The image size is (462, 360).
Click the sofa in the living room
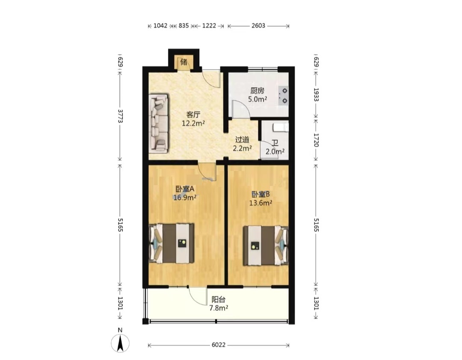tap(159, 123)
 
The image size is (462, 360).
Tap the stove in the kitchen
tap(284, 96)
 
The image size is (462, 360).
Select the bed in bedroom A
tap(172, 243)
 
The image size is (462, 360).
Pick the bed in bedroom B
tap(266, 245)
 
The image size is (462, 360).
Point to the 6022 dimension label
tap(218, 345)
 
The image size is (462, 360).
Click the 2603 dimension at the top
tap(258, 26)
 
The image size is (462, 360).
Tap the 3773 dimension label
tap(120, 116)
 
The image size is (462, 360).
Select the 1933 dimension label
tap(316, 94)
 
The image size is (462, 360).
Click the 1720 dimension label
tap(316, 140)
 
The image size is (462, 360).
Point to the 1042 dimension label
tap(160, 26)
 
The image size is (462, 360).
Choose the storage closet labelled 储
tap(184, 62)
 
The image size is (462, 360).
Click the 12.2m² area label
tap(193, 123)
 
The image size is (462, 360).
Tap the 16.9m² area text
tap(185, 198)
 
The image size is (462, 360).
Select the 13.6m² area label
tap(261, 203)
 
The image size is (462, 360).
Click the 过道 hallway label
tap(242, 140)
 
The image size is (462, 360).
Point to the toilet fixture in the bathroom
tap(280, 127)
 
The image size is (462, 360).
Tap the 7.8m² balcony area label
tap(219, 308)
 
